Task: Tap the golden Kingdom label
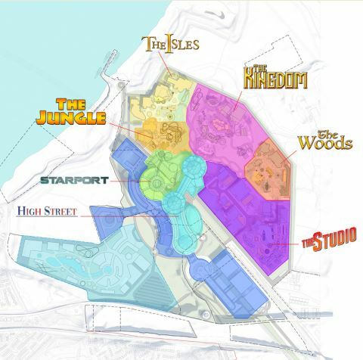pos(275,77)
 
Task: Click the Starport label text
pos(75,181)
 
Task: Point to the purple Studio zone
pos(250,219)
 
